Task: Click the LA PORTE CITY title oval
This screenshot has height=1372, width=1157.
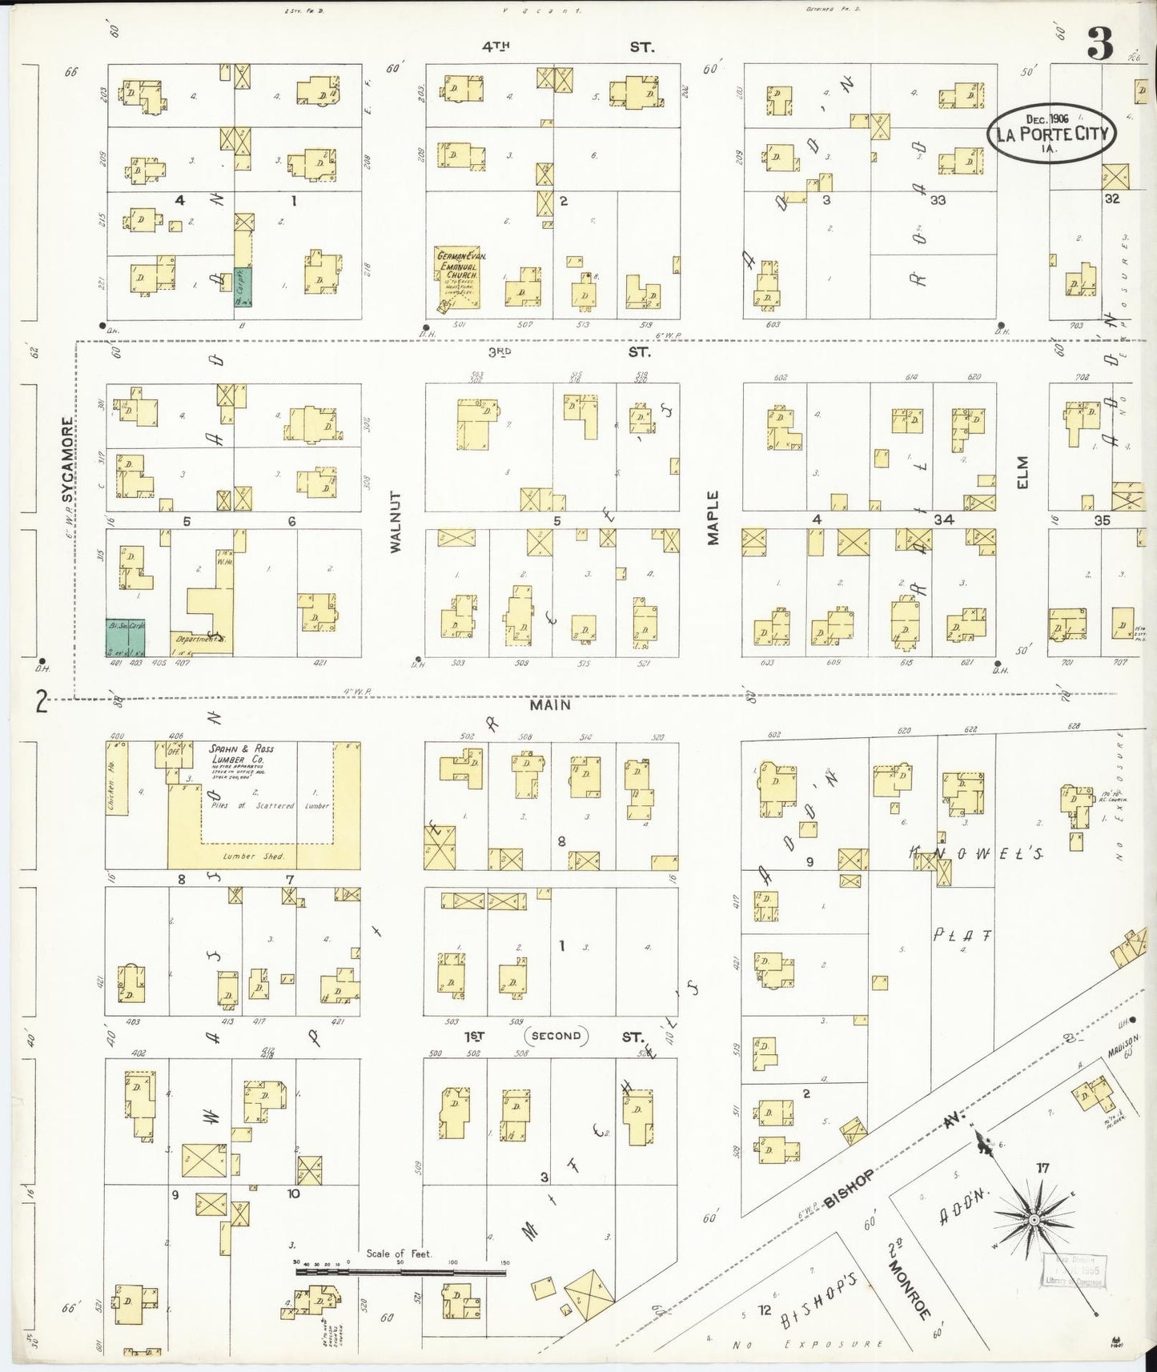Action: (1052, 133)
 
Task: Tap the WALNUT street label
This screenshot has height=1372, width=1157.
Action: (396, 521)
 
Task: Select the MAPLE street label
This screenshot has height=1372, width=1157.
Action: (713, 517)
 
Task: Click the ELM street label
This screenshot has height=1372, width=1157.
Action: (1022, 471)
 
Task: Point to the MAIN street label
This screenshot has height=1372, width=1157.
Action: (550, 704)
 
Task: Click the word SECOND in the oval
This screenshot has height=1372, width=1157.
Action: (556, 1035)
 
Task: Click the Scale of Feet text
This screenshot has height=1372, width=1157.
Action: (399, 1254)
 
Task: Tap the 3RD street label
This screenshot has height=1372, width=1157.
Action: (500, 351)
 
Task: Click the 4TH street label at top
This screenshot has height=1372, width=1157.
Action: (496, 46)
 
